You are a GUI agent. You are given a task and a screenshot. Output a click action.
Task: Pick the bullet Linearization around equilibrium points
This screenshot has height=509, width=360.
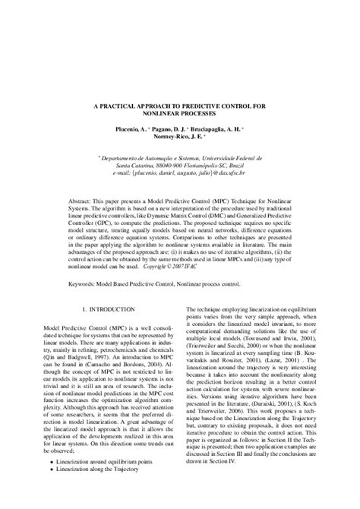click(x=111, y=484)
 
